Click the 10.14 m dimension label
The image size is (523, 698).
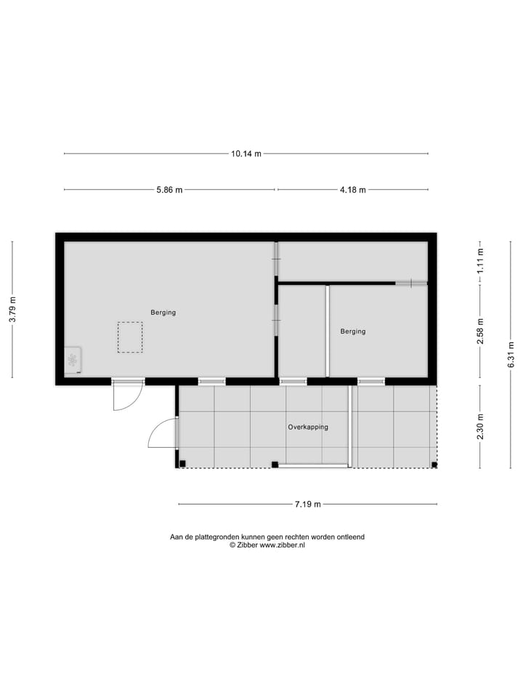point(246,153)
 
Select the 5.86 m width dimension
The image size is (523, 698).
point(169,190)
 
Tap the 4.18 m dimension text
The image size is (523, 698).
point(353,190)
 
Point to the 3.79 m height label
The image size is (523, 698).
point(12,310)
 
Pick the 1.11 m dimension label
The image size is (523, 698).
point(480,260)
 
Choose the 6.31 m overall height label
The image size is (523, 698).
point(511,355)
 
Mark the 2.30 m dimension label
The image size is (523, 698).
point(480,427)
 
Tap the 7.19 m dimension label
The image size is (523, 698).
point(308,504)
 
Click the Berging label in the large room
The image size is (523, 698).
point(163,313)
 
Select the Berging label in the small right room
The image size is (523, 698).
point(353,332)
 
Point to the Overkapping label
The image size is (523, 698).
point(308,428)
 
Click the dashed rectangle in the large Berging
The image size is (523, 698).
point(130,337)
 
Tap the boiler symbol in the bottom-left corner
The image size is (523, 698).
point(72,360)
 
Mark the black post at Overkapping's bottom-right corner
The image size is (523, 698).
point(434,465)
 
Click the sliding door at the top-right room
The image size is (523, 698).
point(410,282)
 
